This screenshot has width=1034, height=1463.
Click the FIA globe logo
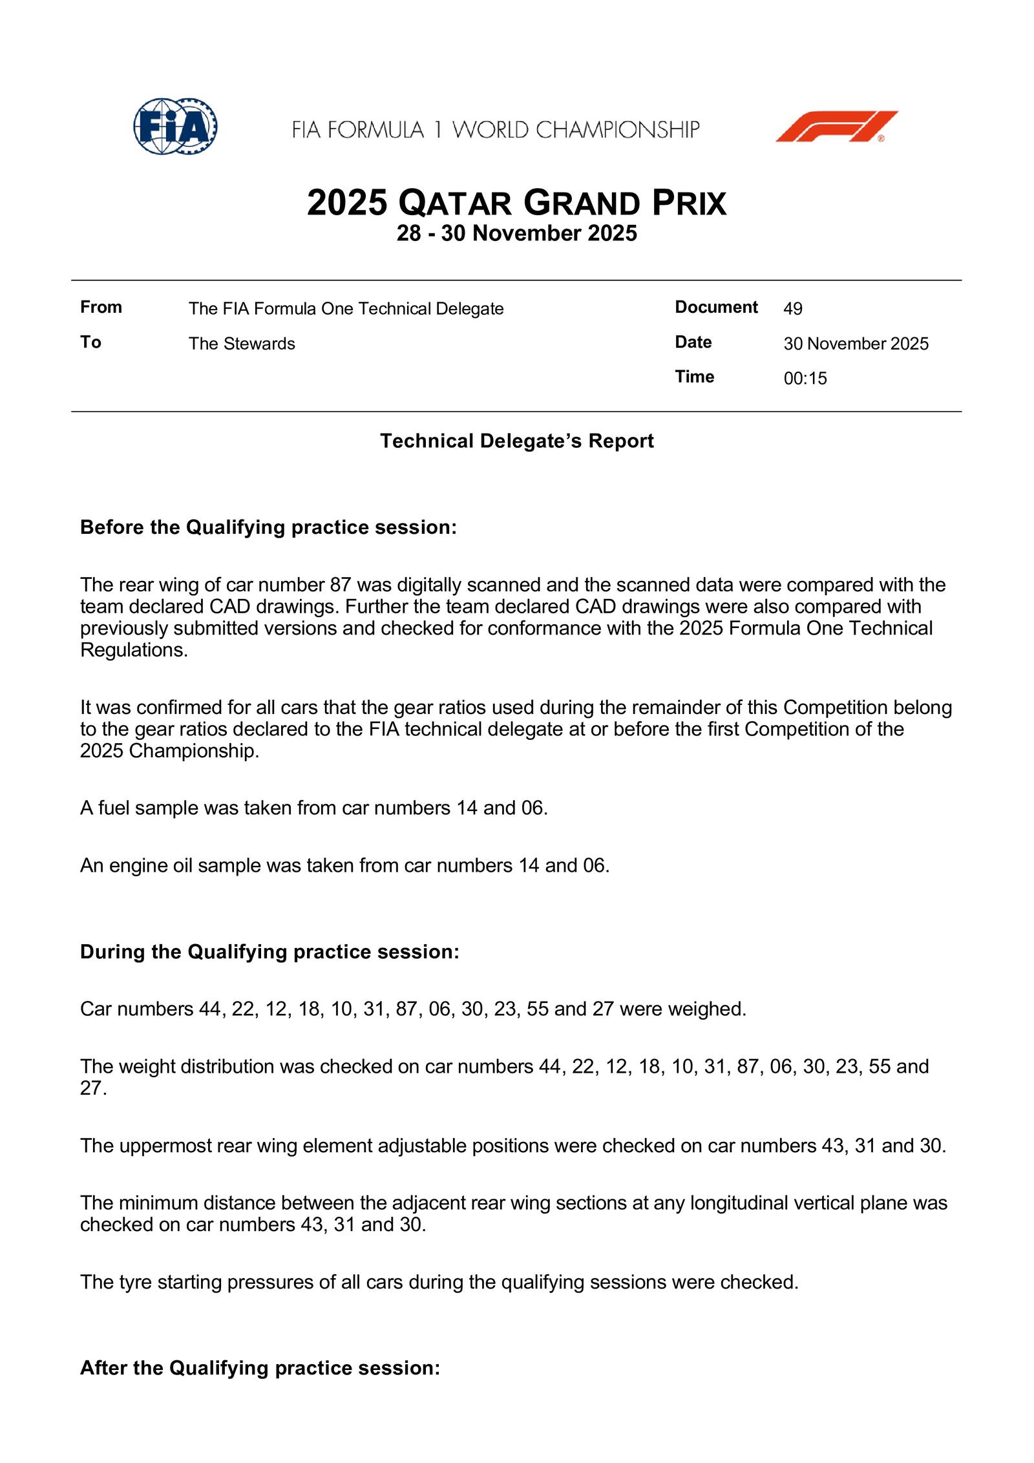click(x=175, y=127)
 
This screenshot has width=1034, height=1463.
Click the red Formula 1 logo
click(x=836, y=127)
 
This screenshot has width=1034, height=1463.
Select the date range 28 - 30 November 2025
click(x=516, y=233)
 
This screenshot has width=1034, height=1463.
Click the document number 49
click(x=793, y=309)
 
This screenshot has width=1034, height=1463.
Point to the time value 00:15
click(x=805, y=379)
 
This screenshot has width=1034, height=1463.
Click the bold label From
click(x=101, y=307)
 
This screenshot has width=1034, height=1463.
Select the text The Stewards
click(x=242, y=344)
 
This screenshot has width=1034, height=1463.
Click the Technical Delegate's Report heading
click(x=516, y=441)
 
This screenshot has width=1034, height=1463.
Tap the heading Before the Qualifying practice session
click(x=268, y=528)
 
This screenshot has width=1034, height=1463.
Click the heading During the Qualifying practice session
click(x=269, y=952)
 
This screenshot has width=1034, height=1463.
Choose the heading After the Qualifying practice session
click(x=260, y=1368)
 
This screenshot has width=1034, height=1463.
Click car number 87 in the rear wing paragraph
click(x=340, y=585)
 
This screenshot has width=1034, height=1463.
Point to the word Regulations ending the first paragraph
click(x=133, y=650)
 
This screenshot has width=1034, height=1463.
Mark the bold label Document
click(x=716, y=307)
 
